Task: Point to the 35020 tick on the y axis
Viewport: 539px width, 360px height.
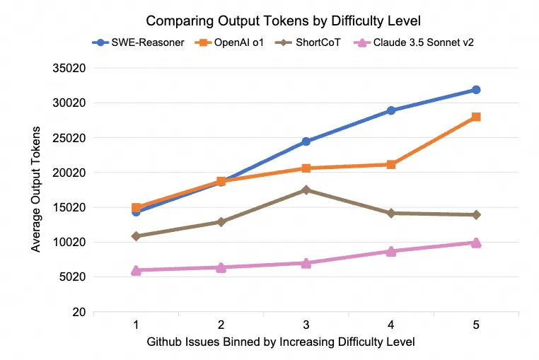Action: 69,69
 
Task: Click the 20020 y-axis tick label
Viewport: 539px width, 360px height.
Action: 69,173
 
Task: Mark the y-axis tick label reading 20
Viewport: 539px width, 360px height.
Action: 79,312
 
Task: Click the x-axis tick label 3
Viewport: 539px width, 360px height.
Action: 306,325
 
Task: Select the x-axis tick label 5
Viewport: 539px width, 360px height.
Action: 476,325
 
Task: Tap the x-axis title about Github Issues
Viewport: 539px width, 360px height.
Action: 281,342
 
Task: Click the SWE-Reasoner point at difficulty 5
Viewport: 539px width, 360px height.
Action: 476,90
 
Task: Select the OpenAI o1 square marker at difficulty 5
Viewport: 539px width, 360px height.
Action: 476,117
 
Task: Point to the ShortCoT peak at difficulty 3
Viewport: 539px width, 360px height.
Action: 306,190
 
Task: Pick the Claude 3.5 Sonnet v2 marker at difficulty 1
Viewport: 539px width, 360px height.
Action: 136,270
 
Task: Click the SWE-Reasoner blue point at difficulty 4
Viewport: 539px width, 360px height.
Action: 391,110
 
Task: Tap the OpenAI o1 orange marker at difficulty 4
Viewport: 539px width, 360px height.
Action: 391,165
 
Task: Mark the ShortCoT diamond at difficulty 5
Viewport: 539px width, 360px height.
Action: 476,214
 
